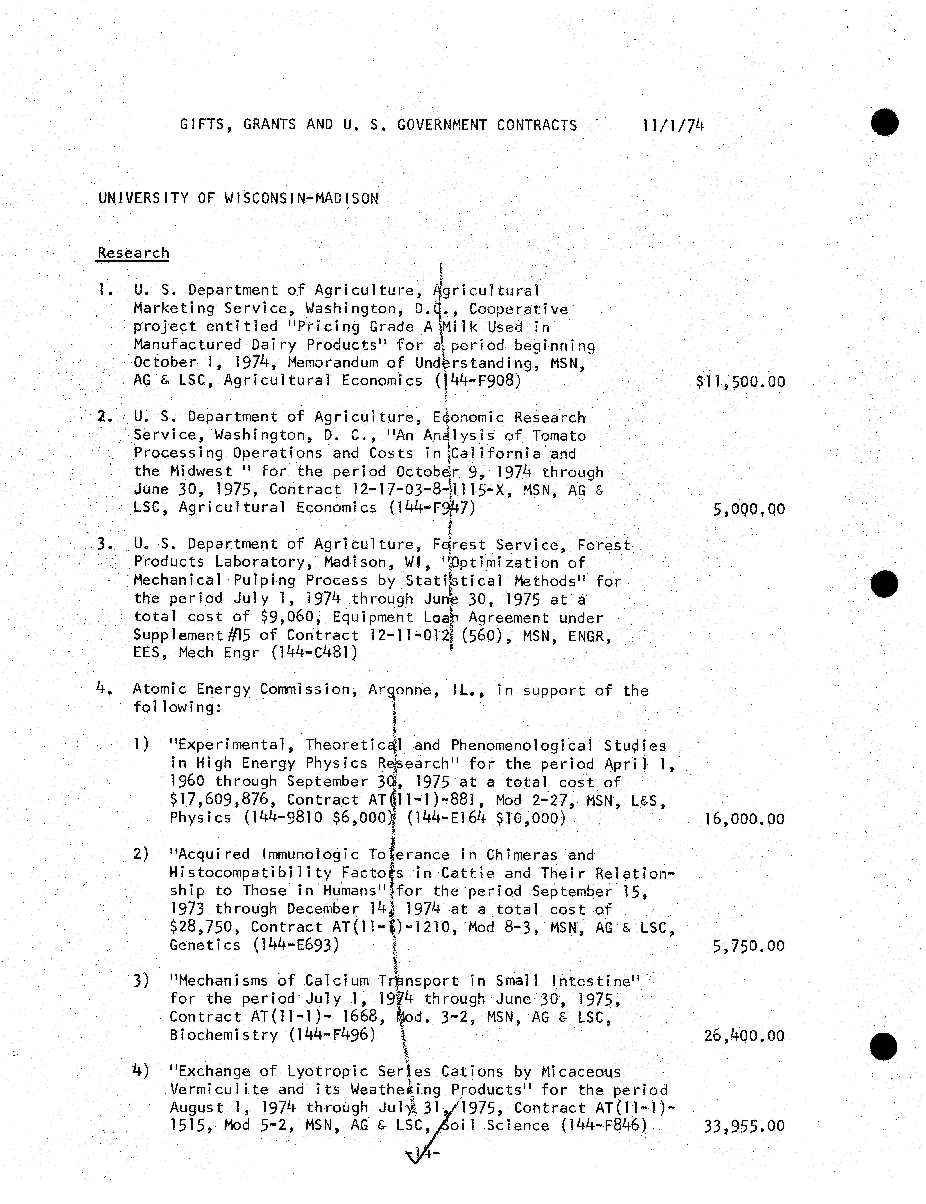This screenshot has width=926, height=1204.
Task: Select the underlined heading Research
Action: coord(133,253)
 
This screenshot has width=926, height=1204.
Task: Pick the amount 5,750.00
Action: coord(748,946)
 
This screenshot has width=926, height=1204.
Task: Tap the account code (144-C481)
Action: coord(314,653)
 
